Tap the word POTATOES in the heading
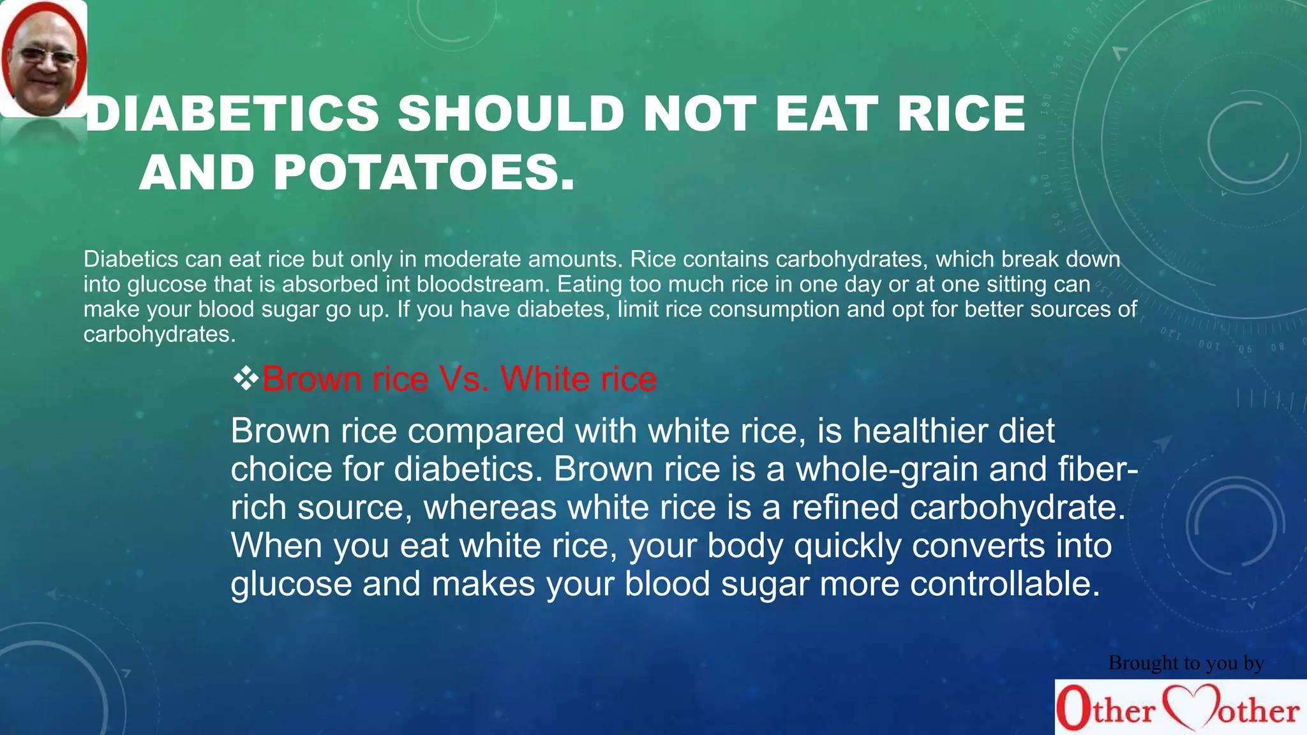pyautogui.click(x=424, y=173)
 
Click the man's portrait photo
pyautogui.click(x=43, y=59)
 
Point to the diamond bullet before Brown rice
pyautogui.click(x=246, y=379)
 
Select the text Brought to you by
pyautogui.click(x=1186, y=663)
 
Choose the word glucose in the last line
pyautogui.click(x=291, y=584)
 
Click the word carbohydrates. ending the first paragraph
pyautogui.click(x=160, y=334)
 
